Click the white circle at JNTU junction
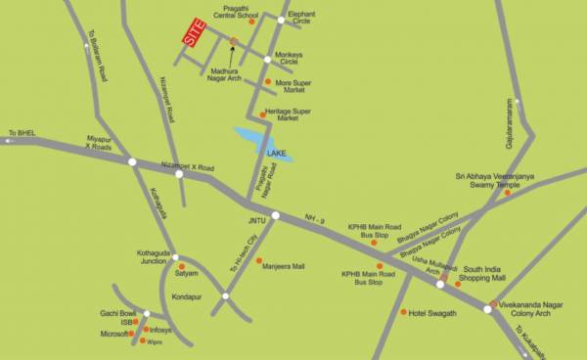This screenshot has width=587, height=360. pos(275,216)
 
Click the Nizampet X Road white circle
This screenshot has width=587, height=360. pos(179,173)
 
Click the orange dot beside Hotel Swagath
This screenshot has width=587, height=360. pos(404,312)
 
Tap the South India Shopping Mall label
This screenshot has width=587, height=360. pos(485,273)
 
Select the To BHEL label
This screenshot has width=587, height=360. pos(21,132)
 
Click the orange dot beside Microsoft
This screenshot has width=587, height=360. pos(135,334)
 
